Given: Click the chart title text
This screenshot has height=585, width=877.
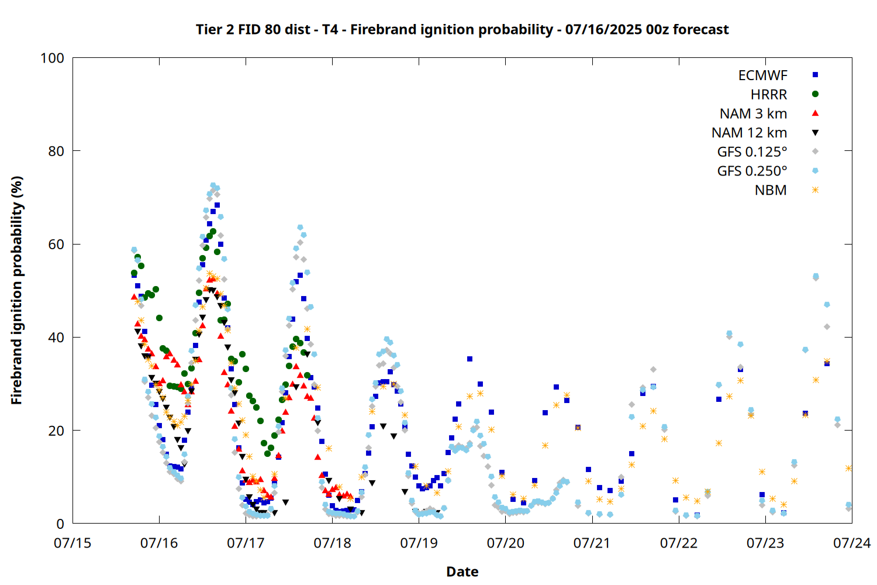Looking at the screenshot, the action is [462, 29].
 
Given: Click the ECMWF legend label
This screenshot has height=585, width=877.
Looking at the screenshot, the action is [762, 75].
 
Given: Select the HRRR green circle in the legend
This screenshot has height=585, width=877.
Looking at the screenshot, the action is [815, 94].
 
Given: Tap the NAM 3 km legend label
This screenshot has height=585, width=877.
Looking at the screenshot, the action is [753, 113].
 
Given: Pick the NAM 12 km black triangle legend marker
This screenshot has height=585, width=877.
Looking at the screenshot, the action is [815, 133].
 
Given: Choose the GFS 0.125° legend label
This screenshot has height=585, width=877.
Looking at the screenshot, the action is [752, 152].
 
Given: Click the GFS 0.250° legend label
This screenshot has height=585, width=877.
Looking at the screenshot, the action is [752, 171].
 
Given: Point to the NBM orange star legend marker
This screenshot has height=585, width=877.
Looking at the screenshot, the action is [815, 190].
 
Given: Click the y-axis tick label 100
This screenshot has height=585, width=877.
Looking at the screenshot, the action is [52, 58].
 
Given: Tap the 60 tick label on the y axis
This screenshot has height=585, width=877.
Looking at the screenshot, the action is [56, 244].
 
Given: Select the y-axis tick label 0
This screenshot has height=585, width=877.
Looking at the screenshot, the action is [60, 524].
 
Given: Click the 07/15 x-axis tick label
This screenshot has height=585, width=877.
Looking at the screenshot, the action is [72, 543].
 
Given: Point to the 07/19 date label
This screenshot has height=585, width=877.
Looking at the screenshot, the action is [419, 543].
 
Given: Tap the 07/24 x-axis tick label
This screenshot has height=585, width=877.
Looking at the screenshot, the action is [852, 543].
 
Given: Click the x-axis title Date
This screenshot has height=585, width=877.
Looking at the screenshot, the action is [462, 572].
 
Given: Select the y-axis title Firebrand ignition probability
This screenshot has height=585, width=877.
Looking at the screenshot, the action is [16, 290].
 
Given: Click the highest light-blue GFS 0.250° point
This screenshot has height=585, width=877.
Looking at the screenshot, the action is [213, 185].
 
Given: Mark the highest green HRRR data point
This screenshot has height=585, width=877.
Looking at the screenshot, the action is [213, 232].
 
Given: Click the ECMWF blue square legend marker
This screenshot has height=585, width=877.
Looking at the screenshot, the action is [815, 75].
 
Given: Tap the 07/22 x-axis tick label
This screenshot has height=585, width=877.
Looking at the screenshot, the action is [678, 543].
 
